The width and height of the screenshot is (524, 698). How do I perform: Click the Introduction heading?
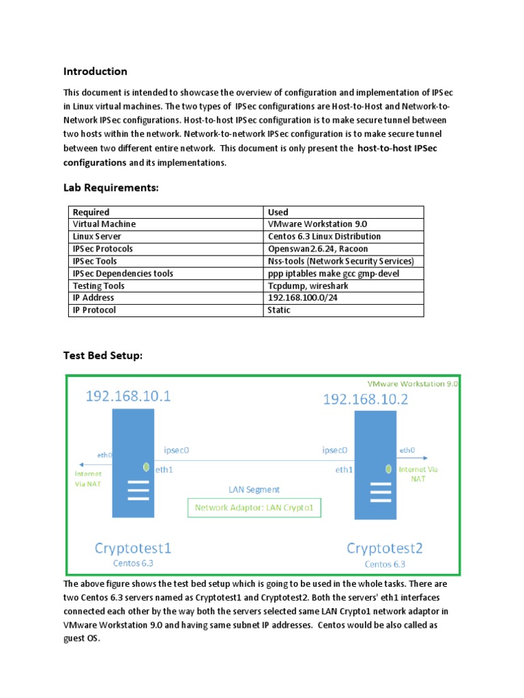tap(95, 72)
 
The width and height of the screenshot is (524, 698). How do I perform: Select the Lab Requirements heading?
tap(111, 187)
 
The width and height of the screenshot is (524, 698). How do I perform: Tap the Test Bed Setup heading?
tap(103, 355)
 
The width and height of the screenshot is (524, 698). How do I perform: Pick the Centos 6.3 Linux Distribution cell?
tap(324, 237)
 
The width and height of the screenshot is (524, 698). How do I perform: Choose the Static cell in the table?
tap(279, 310)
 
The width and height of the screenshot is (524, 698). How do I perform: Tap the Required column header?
tap(91, 212)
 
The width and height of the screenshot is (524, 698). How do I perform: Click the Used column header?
tap(278, 212)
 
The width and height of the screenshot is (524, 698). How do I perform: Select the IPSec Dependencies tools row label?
tap(123, 273)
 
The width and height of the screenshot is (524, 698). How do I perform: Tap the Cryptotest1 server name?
tap(134, 547)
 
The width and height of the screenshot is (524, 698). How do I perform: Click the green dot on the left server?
tap(146, 467)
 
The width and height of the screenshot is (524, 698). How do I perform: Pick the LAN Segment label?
tap(254, 489)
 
